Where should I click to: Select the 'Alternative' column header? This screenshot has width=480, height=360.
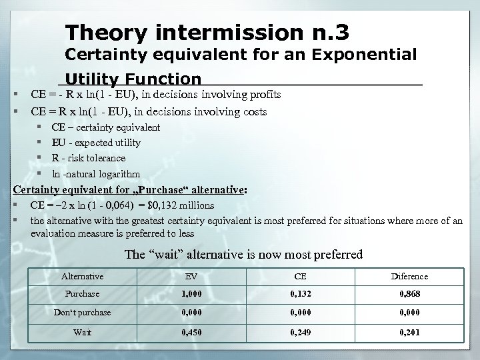(82, 276)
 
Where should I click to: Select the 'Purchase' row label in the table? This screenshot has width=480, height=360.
(82, 294)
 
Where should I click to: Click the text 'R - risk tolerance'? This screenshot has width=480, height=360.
(88, 158)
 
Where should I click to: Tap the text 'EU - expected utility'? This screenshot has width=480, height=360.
(95, 143)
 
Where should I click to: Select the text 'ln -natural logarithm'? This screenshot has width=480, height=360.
(95, 173)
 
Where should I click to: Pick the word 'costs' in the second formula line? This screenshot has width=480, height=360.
(253, 111)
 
